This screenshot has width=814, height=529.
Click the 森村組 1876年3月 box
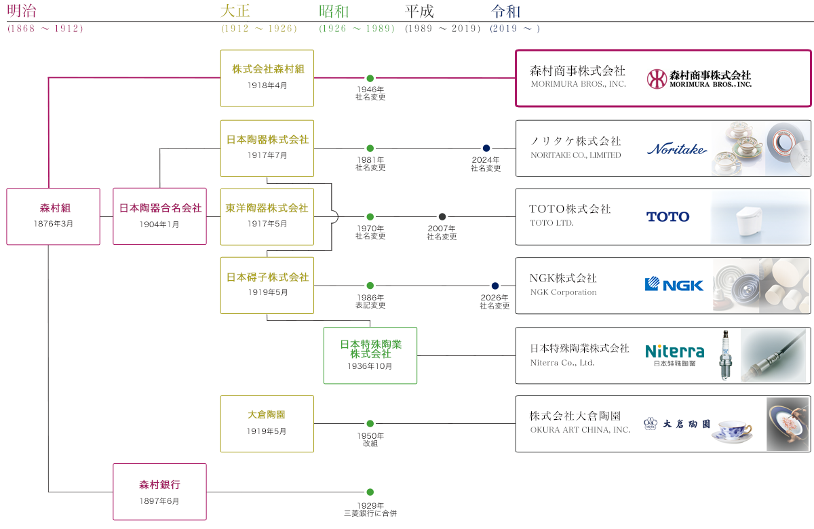pyautogui.click(x=53, y=216)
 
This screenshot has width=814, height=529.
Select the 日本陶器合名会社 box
pyautogui.click(x=159, y=216)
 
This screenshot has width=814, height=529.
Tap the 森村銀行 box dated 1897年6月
pyautogui.click(x=159, y=492)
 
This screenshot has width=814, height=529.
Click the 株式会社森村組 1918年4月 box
pyautogui.click(x=267, y=77)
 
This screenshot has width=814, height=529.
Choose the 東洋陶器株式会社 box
pyautogui.click(x=267, y=216)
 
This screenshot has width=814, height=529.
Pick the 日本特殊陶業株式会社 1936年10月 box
pyautogui.click(x=370, y=355)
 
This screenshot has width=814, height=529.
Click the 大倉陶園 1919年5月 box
pyautogui.click(x=267, y=423)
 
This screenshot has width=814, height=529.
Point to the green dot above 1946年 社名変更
pyautogui.click(x=370, y=78)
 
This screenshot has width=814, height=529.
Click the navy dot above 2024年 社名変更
pyautogui.click(x=486, y=148)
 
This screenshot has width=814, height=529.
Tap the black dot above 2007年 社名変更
pyautogui.click(x=442, y=216)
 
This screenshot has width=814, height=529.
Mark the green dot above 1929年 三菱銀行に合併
pyautogui.click(x=370, y=492)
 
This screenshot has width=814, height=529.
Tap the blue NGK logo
pyautogui.click(x=674, y=285)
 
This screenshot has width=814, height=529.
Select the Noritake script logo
pyautogui.click(x=676, y=149)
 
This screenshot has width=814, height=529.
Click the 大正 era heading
pyautogui.click(x=235, y=12)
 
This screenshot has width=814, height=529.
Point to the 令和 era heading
pyautogui.click(x=505, y=12)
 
